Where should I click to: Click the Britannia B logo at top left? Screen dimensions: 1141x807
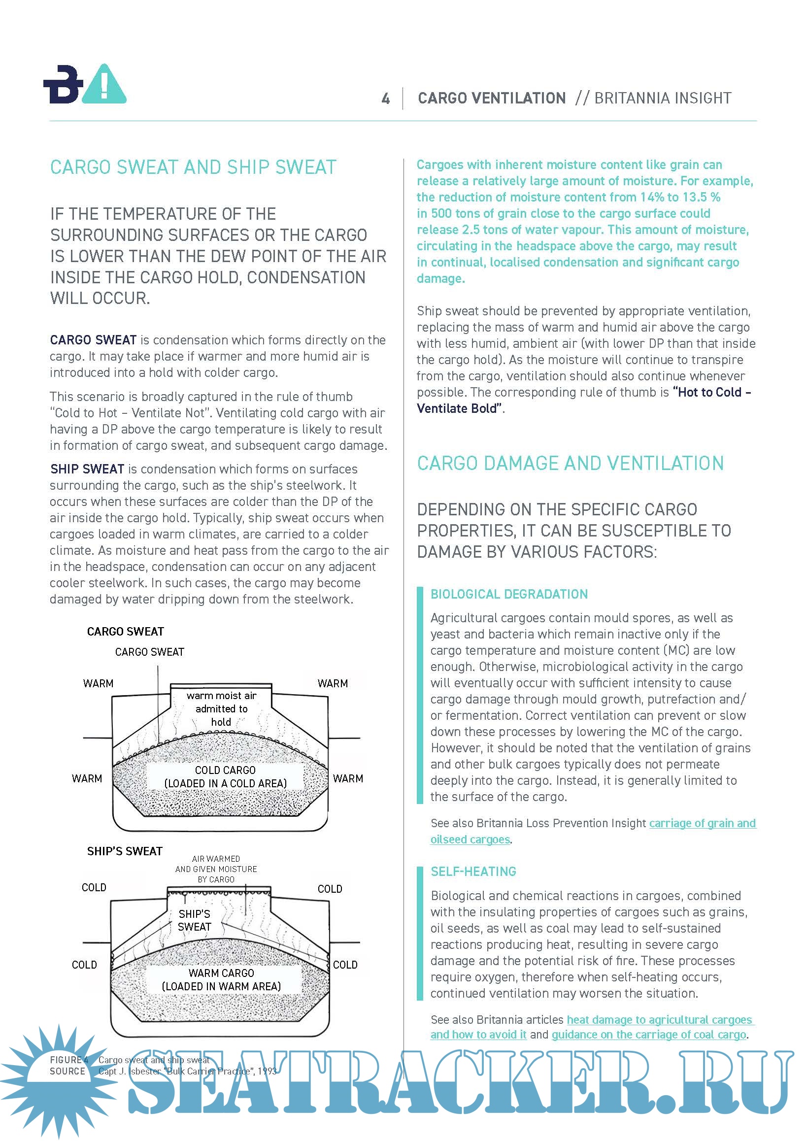[63, 84]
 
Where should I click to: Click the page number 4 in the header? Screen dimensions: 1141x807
[385, 99]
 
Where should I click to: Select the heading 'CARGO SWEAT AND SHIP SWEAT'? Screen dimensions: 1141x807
[193, 168]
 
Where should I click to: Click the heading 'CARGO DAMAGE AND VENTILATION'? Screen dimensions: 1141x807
[570, 463]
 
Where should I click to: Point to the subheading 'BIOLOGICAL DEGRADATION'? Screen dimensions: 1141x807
[509, 594]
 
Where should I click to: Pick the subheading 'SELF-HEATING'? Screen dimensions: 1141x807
[473, 871]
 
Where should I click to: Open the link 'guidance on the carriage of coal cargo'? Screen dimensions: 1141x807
[648, 1034]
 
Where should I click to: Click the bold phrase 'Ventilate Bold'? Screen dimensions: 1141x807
[457, 408]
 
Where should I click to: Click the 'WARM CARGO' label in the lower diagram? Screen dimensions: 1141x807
[221, 973]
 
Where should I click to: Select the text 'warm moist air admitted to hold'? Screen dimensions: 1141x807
[221, 708]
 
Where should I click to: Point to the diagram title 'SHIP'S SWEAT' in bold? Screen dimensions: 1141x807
[125, 851]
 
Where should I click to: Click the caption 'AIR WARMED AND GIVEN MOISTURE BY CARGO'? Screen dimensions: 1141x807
[216, 869]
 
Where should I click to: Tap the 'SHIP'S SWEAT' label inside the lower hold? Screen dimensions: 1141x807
[194, 920]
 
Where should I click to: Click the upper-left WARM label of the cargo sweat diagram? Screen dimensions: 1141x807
[98, 683]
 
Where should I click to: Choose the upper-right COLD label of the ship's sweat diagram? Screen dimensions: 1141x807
[330, 889]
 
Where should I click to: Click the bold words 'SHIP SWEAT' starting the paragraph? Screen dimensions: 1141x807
[87, 469]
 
